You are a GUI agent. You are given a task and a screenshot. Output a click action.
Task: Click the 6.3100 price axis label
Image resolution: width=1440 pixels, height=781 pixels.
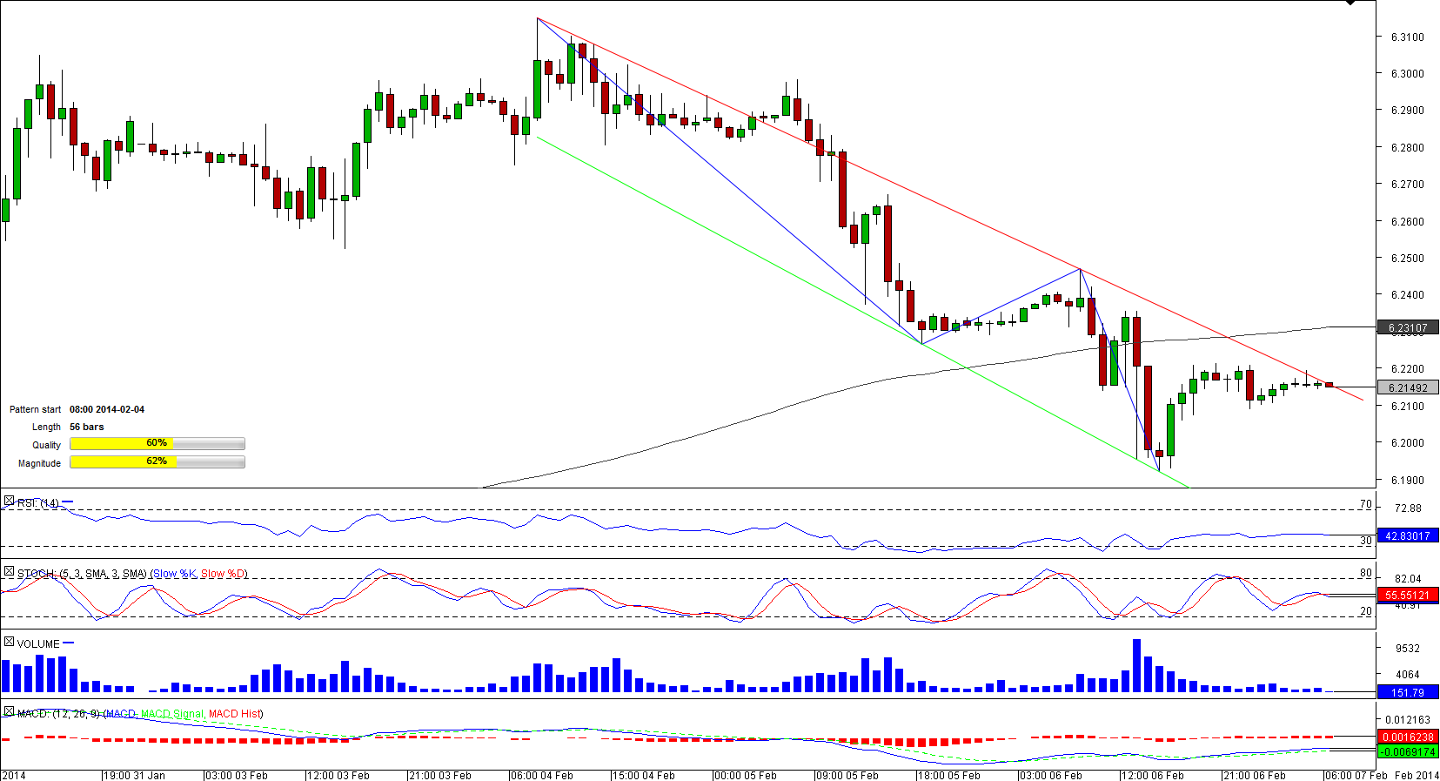1407,37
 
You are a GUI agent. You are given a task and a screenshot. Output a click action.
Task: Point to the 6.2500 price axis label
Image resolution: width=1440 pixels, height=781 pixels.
1407,259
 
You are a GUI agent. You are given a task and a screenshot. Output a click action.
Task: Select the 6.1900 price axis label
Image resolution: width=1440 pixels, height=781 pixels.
1407,481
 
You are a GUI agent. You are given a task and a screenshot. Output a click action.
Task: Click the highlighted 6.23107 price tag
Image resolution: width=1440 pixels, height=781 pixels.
1407,328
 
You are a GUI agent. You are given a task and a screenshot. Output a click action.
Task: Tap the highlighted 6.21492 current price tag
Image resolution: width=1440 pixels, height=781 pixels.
1407,388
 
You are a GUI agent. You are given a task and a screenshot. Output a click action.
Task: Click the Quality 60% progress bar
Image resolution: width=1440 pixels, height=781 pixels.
157,444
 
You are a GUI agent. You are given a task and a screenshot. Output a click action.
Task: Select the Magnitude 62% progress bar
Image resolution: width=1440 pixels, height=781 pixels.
157,462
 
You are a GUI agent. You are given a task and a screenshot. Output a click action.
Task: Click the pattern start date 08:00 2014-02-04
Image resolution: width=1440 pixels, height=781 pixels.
107,410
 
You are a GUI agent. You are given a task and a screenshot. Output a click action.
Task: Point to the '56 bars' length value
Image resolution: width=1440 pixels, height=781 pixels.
87,428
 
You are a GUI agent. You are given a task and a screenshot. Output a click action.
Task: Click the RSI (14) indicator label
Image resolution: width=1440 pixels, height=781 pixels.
38,503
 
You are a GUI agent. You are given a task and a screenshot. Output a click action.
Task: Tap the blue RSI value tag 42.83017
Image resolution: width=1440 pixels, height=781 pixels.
1407,536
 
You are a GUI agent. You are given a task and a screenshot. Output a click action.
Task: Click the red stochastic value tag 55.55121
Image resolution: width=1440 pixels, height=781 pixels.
1407,596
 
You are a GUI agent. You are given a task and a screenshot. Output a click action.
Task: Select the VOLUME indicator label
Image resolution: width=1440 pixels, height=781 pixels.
38,644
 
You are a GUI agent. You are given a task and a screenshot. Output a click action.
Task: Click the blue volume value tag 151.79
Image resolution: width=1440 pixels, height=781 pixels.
1407,693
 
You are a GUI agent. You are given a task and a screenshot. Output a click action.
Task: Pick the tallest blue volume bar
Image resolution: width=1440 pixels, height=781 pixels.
1136,666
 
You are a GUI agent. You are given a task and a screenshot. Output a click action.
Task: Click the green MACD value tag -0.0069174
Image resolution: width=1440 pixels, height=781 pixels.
1407,751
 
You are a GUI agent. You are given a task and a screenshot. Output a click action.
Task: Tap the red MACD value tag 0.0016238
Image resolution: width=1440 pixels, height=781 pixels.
1407,737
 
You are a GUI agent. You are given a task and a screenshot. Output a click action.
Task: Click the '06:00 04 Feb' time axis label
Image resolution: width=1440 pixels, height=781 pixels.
542,776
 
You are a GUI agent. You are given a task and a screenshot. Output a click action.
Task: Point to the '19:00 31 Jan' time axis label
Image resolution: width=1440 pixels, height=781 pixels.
135,776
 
